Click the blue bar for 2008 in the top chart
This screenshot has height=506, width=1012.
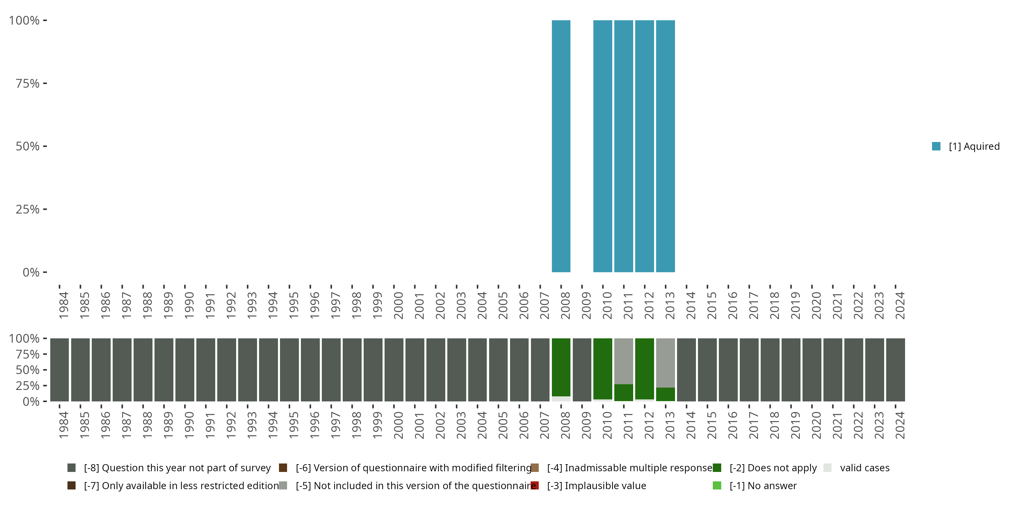(561, 146)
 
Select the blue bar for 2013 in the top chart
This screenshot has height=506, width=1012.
(665, 146)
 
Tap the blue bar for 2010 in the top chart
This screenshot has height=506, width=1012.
(602, 146)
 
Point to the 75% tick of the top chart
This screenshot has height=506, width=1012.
(45, 83)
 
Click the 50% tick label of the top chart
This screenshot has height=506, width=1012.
(28, 146)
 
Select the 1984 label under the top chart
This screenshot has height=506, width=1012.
(64, 305)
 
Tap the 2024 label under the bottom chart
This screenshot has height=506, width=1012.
(900, 425)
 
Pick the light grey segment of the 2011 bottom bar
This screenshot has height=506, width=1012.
(623, 361)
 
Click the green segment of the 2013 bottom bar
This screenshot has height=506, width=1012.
(665, 394)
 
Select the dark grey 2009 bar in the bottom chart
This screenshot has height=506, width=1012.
(582, 370)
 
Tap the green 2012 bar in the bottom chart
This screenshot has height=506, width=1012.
(644, 368)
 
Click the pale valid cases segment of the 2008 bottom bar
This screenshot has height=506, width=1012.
(561, 399)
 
